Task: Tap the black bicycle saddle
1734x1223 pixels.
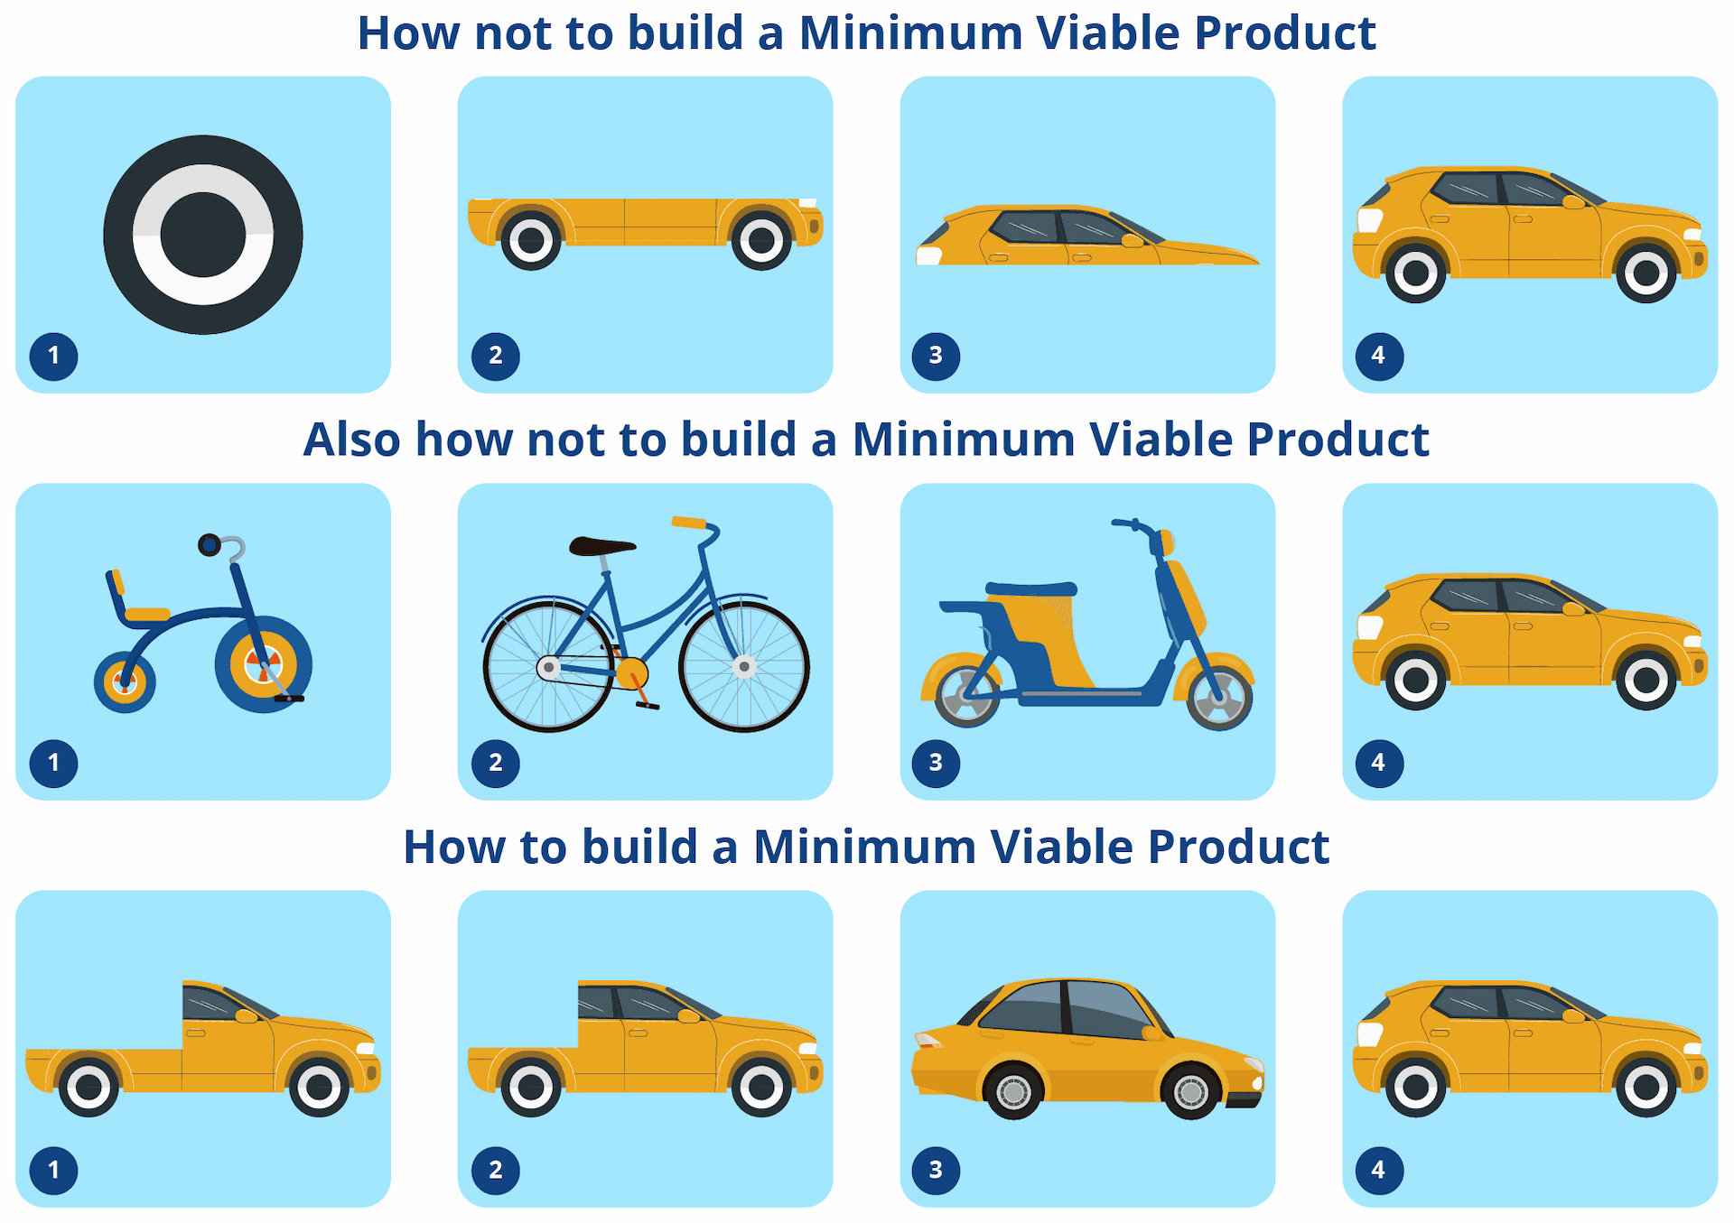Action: coord(602,545)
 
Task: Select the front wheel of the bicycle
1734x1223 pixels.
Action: coord(744,666)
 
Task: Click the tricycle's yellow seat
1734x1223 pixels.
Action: coord(147,615)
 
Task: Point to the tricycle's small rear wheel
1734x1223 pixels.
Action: coord(125,682)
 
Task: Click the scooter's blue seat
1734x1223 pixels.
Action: coord(1031,589)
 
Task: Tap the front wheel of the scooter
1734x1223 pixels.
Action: coord(1219,697)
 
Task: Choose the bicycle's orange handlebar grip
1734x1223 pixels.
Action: coord(689,522)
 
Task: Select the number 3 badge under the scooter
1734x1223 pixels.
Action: coord(937,763)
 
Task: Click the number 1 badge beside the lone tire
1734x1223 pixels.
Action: coord(53,356)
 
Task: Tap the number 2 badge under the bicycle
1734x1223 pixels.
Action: coord(495,763)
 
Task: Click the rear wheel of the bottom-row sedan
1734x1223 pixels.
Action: coord(1013,1091)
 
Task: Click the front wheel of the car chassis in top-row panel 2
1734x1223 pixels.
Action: coord(761,240)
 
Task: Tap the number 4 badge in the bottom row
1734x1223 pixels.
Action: coord(1379,1170)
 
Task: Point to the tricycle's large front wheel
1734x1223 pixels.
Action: coord(263,665)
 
